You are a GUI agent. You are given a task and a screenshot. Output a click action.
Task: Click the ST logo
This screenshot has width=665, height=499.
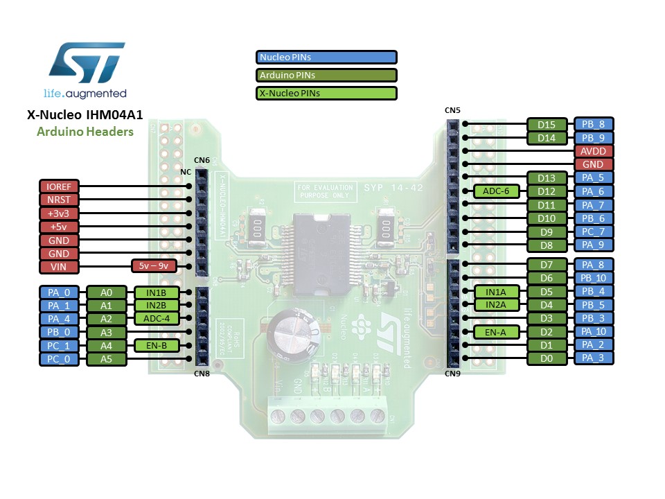point(87,63)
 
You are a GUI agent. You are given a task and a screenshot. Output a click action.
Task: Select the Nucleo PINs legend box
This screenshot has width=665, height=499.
point(326,58)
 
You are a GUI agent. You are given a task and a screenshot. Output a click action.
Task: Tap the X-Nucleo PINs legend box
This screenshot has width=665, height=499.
point(326,93)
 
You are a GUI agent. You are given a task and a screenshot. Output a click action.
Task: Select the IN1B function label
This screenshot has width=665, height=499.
point(156,292)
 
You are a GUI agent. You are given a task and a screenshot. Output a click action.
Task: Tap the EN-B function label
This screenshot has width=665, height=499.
point(156,345)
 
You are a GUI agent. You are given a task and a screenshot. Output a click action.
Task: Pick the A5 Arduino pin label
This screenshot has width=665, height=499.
point(106,359)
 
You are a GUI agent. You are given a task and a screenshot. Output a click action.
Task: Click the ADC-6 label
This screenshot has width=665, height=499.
point(496,191)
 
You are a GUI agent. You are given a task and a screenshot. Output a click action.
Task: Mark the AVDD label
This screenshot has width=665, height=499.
point(593,151)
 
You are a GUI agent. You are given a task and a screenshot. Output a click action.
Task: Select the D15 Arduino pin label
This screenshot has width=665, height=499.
point(547,125)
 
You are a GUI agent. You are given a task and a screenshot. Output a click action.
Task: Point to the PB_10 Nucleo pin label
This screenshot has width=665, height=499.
point(593,278)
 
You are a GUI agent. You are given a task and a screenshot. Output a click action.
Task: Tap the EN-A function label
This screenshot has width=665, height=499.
point(496,332)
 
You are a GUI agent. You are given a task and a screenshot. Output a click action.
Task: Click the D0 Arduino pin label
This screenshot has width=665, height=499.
point(547,358)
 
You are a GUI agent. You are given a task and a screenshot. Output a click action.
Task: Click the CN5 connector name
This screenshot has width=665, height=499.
point(452,110)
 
